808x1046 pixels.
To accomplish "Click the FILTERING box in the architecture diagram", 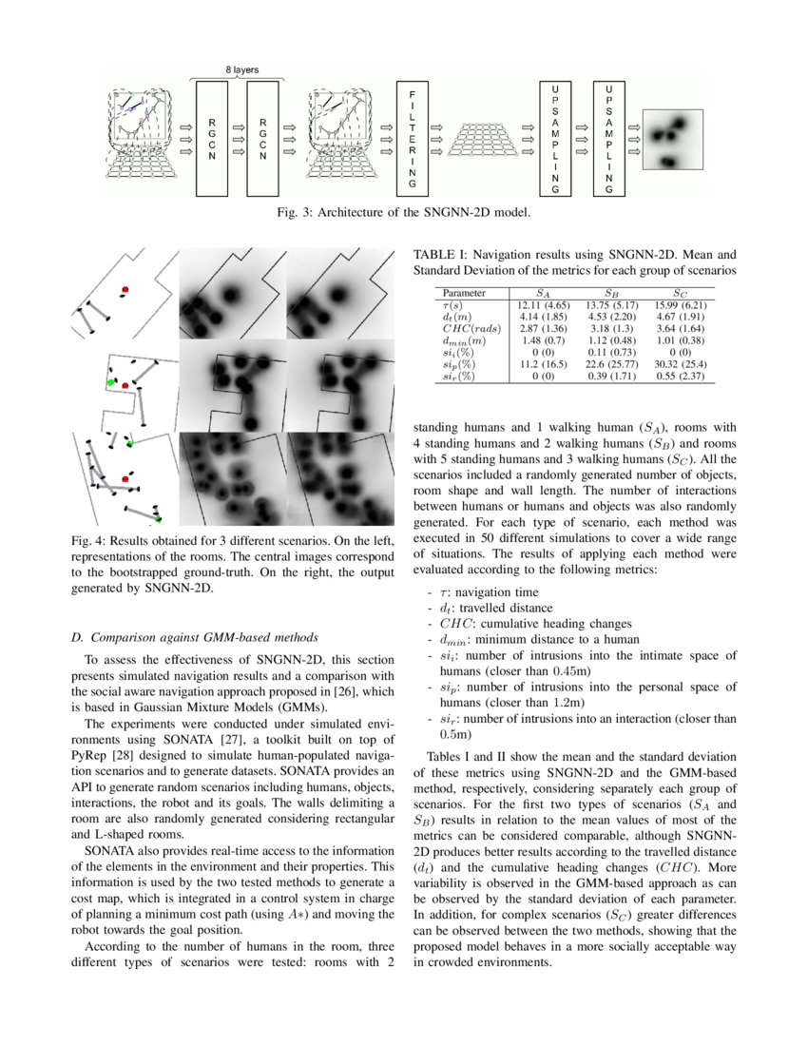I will click(x=412, y=137).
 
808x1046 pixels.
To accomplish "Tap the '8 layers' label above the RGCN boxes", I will click(x=240, y=69).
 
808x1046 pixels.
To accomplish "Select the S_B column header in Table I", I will click(x=612, y=294).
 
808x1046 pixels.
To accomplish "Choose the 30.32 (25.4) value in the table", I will click(x=679, y=364).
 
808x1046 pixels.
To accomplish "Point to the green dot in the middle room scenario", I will click(x=111, y=382).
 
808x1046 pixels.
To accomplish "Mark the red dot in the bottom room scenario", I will click(x=124, y=467).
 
